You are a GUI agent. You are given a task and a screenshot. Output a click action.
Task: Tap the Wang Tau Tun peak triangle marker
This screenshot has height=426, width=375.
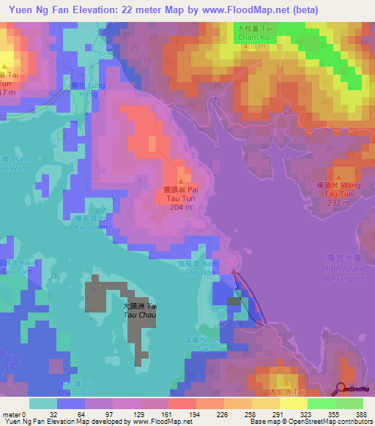[338, 176]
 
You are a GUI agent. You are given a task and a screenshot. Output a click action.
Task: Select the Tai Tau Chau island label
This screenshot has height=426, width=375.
[140, 310]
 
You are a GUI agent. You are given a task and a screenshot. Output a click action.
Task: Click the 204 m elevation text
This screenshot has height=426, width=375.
[181, 207]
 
